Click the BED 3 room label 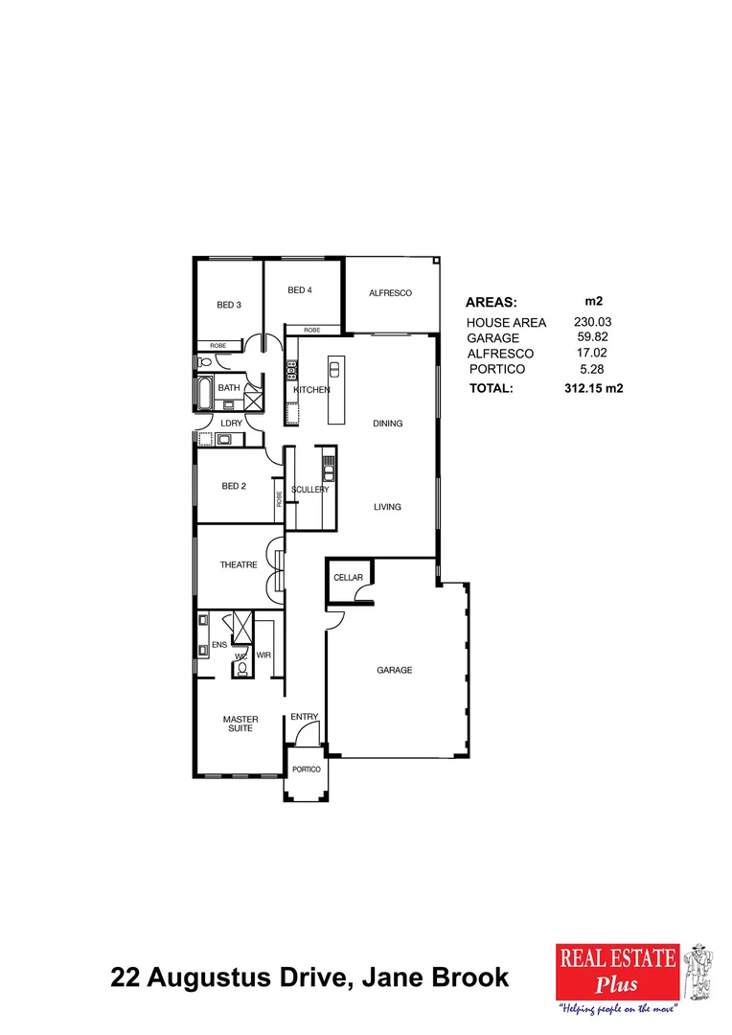pyautogui.click(x=228, y=305)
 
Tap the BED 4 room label pyautogui.click(x=300, y=290)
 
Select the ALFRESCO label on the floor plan pyautogui.click(x=390, y=293)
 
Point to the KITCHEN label pyautogui.click(x=311, y=390)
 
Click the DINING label pyautogui.click(x=387, y=424)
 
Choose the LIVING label pyautogui.click(x=387, y=507)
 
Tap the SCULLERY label pyautogui.click(x=310, y=490)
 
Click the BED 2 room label pyautogui.click(x=234, y=486)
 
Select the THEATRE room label pyautogui.click(x=239, y=565)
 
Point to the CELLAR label pyautogui.click(x=348, y=578)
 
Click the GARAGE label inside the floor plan pyautogui.click(x=394, y=670)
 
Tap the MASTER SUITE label pyautogui.click(x=240, y=724)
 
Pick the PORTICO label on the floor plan pyautogui.click(x=307, y=770)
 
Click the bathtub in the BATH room pyautogui.click(x=205, y=393)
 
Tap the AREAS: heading pyautogui.click(x=491, y=302)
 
